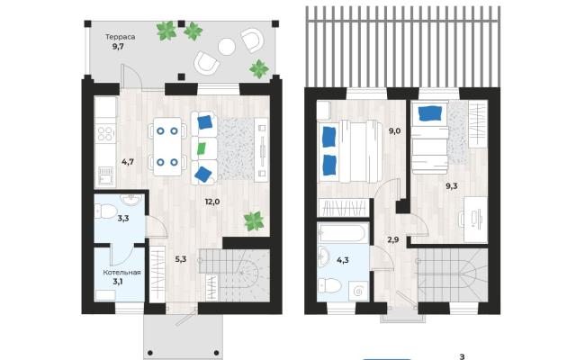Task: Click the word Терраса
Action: click(121, 37)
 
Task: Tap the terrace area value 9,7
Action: click(118, 46)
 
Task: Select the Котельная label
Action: click(122, 272)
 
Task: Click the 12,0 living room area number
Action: click(212, 202)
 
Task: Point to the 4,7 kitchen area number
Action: click(128, 162)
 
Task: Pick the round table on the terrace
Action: click(227, 47)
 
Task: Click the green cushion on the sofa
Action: click(202, 148)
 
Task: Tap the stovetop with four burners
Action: click(105, 134)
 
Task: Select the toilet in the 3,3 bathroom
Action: click(106, 211)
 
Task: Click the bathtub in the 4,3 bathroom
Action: click(343, 232)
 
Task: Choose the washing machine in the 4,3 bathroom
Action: click(358, 292)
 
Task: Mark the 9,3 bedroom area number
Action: click(452, 186)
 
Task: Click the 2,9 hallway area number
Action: click(393, 240)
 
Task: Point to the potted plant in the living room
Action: click(254, 221)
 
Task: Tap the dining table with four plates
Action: click(167, 147)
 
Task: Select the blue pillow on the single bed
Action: click(429, 112)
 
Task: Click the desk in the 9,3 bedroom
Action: click(475, 220)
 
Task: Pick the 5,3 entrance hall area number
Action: click(181, 259)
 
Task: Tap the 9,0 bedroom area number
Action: click(394, 130)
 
